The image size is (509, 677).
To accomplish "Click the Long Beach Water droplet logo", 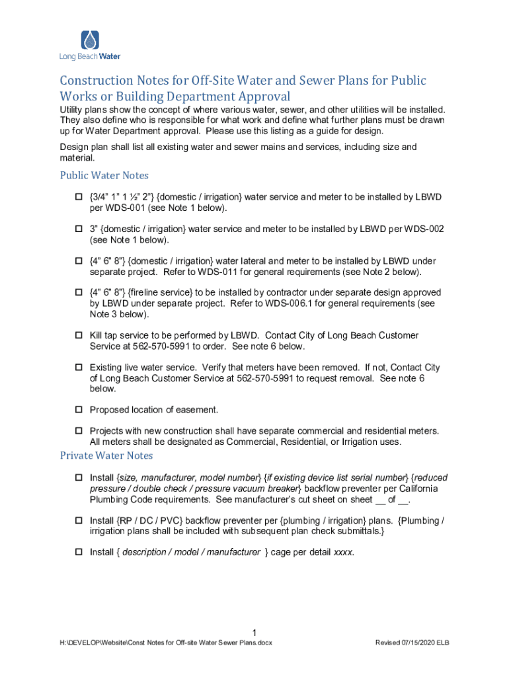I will tap(90, 40).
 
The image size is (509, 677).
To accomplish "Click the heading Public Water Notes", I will tap(104, 175).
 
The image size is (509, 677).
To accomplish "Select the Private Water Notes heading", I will tap(106, 456).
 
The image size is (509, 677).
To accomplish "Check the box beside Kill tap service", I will tap(77, 336).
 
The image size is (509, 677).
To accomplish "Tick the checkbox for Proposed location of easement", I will tap(77, 410).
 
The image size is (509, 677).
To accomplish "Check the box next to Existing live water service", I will tap(77, 368).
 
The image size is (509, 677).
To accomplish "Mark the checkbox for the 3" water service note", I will tap(77, 229).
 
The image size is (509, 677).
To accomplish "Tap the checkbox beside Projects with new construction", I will tap(77, 431).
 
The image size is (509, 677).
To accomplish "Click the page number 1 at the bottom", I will tap(255, 631).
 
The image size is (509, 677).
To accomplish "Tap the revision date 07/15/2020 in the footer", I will tap(418, 643).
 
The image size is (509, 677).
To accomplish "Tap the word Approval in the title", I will tap(253, 97).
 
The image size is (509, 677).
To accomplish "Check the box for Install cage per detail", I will tap(77, 553).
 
